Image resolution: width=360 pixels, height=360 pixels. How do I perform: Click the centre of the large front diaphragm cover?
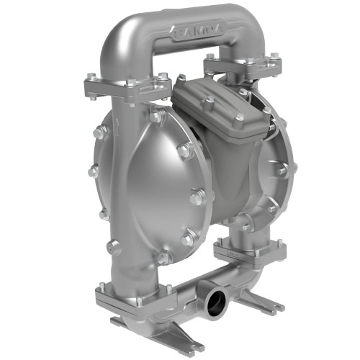(151, 191)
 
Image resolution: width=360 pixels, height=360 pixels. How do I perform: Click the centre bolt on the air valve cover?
(209, 105)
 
